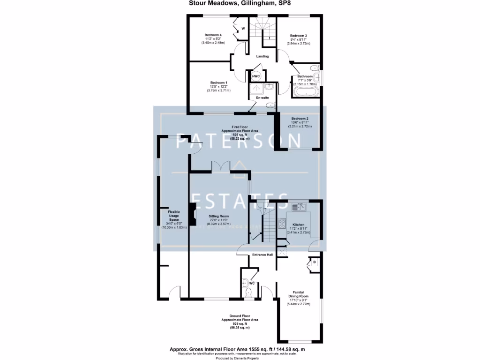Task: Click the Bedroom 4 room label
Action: pyautogui.click(x=213, y=35)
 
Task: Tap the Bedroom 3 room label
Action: pyautogui.click(x=298, y=36)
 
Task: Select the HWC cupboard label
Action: pyautogui.click(x=256, y=76)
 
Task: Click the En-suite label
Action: pyautogui.click(x=262, y=97)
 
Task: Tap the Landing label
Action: pyautogui.click(x=262, y=56)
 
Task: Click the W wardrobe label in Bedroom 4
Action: pyautogui.click(x=243, y=28)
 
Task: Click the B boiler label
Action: pyautogui.click(x=315, y=262)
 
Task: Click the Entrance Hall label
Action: pyautogui.click(x=262, y=255)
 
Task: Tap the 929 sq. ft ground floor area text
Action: pyautogui.click(x=240, y=323)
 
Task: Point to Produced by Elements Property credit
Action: pyautogui.click(x=240, y=358)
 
